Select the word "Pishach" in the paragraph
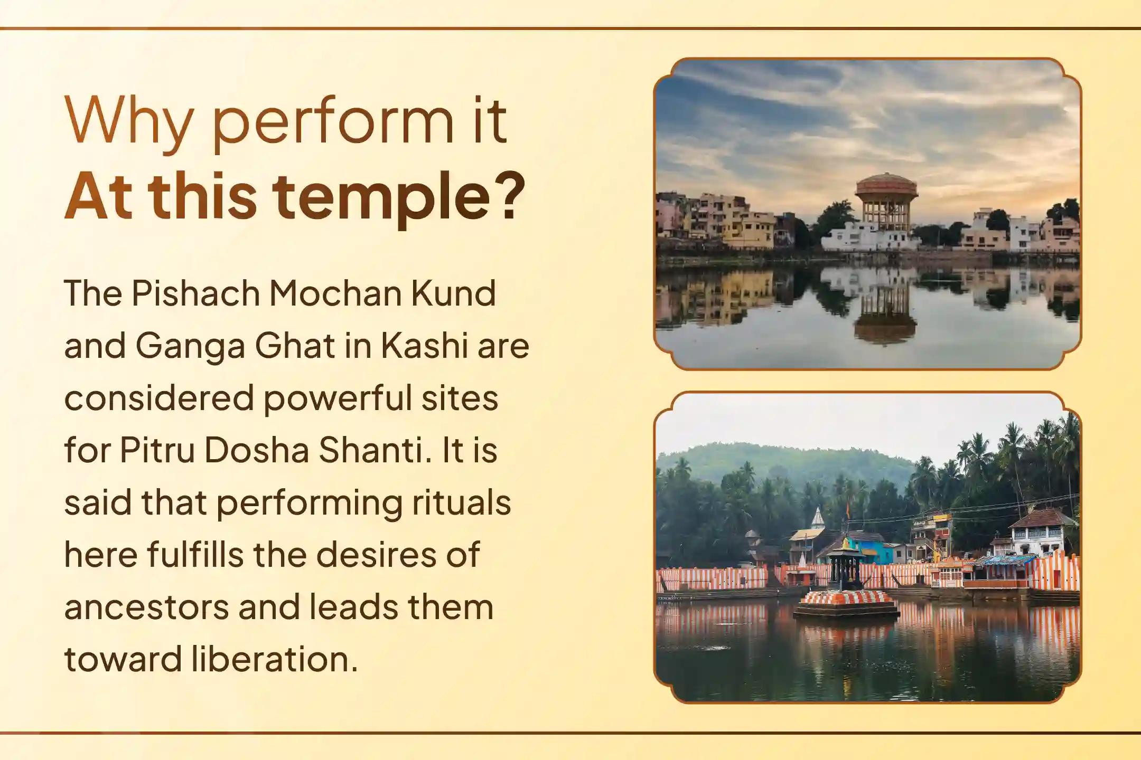[x=196, y=293]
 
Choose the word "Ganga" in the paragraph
[x=190, y=346]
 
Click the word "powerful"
[x=338, y=399]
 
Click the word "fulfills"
[x=195, y=555]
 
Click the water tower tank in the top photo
[x=886, y=187]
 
